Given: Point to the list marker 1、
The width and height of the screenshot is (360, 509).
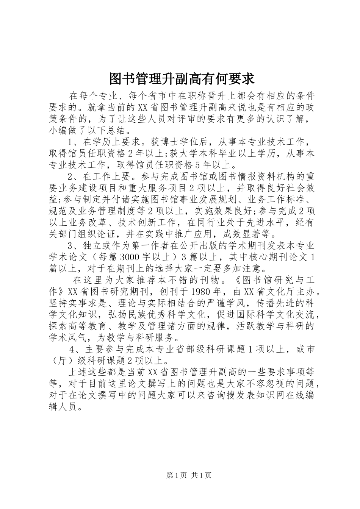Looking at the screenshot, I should pyautogui.click(x=74, y=142).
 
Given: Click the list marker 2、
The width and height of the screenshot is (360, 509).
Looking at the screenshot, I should pyautogui.click(x=74, y=176).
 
